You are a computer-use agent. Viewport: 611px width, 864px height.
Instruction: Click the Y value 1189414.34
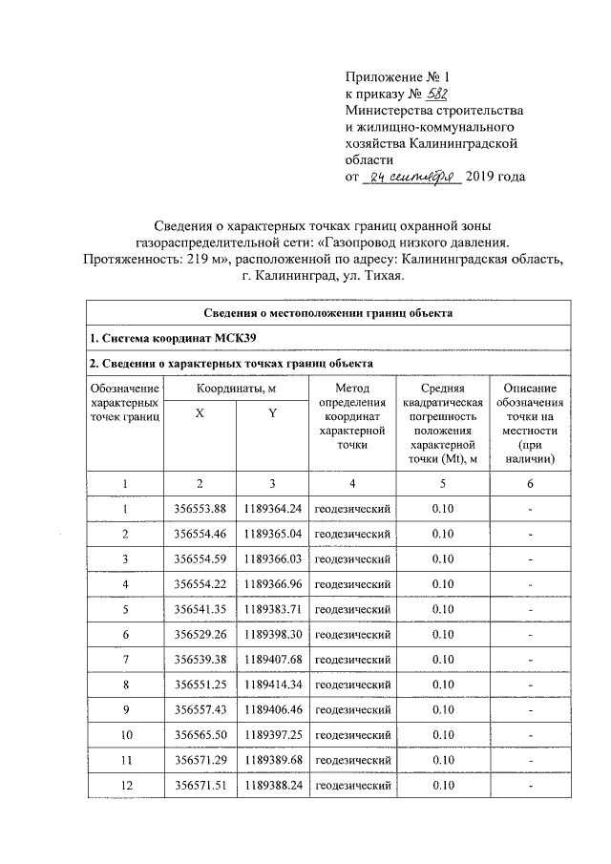[272, 685]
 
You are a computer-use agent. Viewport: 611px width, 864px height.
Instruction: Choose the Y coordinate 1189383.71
[272, 609]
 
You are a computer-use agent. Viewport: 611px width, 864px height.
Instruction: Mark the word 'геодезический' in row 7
[352, 660]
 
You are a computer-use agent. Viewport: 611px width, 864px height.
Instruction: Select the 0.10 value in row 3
[441, 558]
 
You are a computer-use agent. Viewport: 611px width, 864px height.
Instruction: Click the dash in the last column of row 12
[530, 786]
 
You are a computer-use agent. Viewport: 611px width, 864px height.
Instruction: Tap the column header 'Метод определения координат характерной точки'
[352, 416]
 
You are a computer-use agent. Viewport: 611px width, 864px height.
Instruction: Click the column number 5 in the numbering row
[441, 483]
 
